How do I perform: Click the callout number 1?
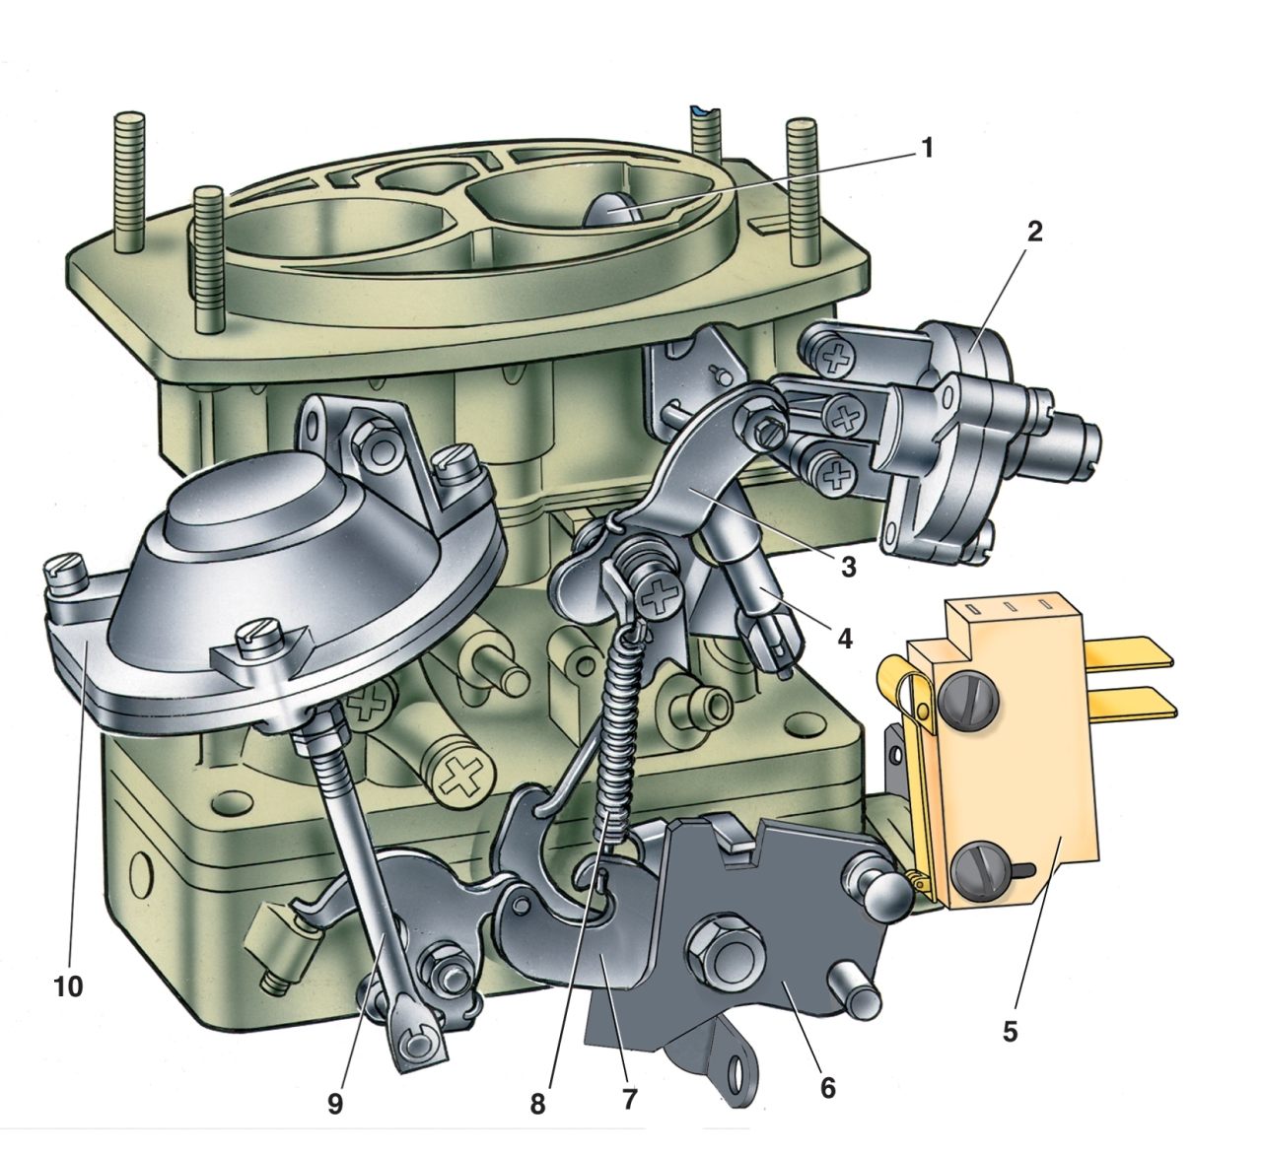[x=926, y=149]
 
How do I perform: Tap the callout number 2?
[x=1035, y=233]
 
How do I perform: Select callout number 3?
[x=848, y=567]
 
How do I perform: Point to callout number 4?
[x=845, y=639]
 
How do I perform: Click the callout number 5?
[x=1011, y=1031]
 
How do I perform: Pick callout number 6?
[x=828, y=1088]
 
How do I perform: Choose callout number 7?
[x=629, y=1099]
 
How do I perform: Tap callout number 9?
[x=336, y=1103]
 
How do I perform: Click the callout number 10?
[x=69, y=986]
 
